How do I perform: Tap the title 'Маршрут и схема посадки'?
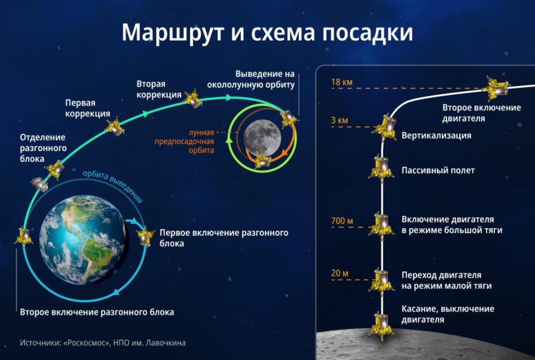tap(267, 32)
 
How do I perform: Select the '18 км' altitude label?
tap(340, 82)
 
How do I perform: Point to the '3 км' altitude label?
tap(339, 120)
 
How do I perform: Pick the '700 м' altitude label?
tap(341, 222)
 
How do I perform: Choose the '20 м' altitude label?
tap(340, 273)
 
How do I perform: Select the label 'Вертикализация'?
tap(436, 136)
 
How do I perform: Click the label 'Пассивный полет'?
tap(438, 171)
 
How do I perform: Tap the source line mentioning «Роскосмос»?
tap(103, 343)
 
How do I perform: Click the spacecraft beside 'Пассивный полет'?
tap(381, 168)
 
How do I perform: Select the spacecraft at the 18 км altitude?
tap(496, 88)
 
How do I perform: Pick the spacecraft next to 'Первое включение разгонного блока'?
tap(145, 238)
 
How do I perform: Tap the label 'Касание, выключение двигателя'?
tap(447, 314)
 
